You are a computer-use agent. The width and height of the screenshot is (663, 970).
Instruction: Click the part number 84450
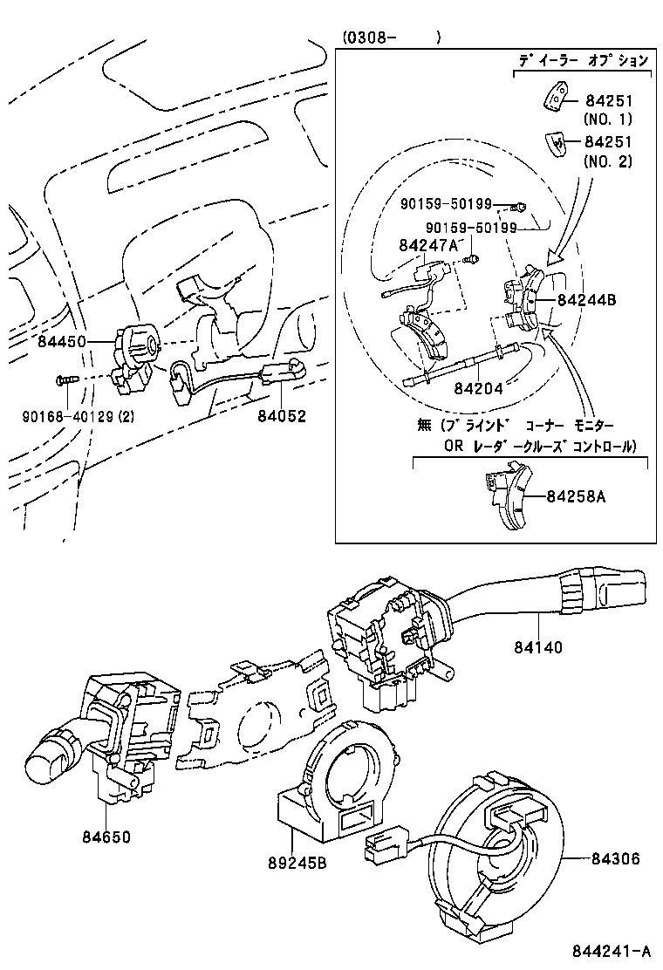click(61, 341)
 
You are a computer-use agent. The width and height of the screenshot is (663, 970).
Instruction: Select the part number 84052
click(282, 416)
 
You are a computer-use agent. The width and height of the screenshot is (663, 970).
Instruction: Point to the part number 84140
click(538, 647)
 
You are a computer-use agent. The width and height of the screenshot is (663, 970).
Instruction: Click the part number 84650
click(106, 837)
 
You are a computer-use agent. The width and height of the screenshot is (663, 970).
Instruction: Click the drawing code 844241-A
click(612, 951)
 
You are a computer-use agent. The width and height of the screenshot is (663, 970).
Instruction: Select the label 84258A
click(576, 496)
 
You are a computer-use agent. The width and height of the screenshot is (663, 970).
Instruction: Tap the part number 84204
click(478, 388)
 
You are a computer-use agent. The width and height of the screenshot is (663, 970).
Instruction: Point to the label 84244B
click(586, 300)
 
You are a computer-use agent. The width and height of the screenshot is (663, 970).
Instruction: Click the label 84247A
click(428, 245)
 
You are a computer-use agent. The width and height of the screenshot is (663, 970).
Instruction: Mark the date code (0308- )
click(390, 38)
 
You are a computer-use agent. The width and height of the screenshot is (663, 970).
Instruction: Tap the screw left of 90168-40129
click(65, 379)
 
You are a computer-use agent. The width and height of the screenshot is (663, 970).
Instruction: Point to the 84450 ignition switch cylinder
click(136, 341)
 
